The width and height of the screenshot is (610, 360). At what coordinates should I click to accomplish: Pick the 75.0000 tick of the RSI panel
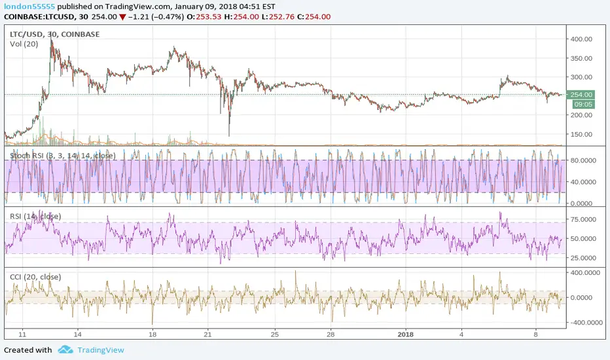point(582,220)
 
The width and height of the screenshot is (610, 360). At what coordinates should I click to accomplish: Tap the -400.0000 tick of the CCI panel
point(581,323)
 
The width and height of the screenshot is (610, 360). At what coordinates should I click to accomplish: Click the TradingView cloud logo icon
point(65,350)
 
